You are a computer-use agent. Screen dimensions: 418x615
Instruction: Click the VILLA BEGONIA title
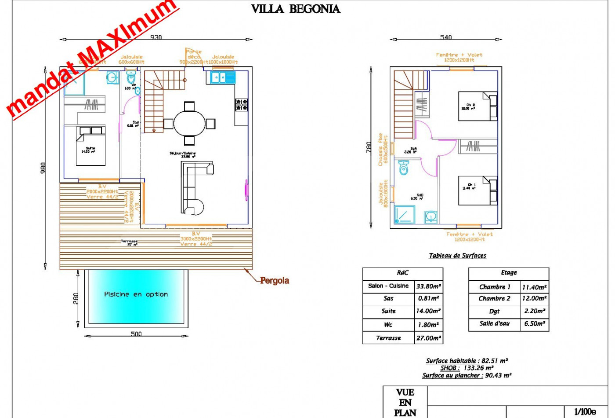tap(295, 9)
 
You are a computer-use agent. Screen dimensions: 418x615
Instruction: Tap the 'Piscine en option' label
tap(136, 294)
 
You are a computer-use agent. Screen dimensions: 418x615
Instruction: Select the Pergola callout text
tap(274, 280)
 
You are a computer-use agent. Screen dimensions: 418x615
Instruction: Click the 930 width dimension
tap(156, 37)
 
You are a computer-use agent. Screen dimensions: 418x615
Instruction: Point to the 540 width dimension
tap(446, 37)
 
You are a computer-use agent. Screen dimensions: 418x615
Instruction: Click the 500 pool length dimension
tap(136, 334)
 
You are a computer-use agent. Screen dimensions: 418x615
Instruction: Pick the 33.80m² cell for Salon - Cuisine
tap(428, 286)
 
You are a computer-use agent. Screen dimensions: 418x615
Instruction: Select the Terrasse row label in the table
tap(388, 338)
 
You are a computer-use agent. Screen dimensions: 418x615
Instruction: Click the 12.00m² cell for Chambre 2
tap(534, 298)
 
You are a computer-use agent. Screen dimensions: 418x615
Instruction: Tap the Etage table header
tap(509, 273)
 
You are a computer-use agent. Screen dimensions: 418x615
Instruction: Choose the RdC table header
tap(402, 273)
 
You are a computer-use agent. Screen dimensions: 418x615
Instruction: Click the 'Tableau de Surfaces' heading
tap(457, 256)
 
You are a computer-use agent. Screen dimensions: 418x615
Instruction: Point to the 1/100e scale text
tap(585, 412)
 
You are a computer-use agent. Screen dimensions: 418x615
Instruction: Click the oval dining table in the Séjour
tap(189, 124)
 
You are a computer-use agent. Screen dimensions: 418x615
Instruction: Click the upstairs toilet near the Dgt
tap(403, 168)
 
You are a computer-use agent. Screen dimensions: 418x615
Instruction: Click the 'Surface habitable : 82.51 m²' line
tap(467, 361)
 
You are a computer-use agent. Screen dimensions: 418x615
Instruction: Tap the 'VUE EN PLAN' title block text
tap(405, 402)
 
